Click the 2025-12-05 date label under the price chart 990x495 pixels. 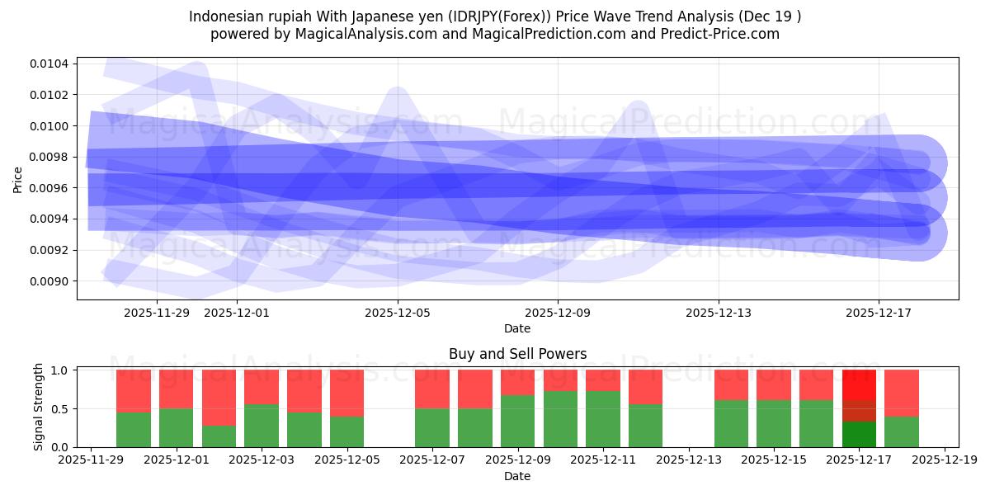pyautogui.click(x=398, y=313)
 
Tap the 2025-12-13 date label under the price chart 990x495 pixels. pyautogui.click(x=719, y=313)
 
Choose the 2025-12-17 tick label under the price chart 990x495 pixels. pyautogui.click(x=879, y=313)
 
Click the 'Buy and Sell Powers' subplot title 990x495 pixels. pyautogui.click(x=517, y=354)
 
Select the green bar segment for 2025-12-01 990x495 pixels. pyautogui.click(x=176, y=427)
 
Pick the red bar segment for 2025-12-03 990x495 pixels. pyautogui.click(x=262, y=387)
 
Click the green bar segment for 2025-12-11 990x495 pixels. pyautogui.click(x=603, y=419)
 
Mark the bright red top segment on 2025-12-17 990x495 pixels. pyautogui.click(x=859, y=385)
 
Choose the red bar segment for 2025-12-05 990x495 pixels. pyautogui.click(x=346, y=393)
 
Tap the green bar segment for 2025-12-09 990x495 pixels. pyautogui.click(x=517, y=421)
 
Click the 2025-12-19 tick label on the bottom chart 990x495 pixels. pyautogui.click(x=945, y=460)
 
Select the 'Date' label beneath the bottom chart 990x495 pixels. pyautogui.click(x=517, y=477)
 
